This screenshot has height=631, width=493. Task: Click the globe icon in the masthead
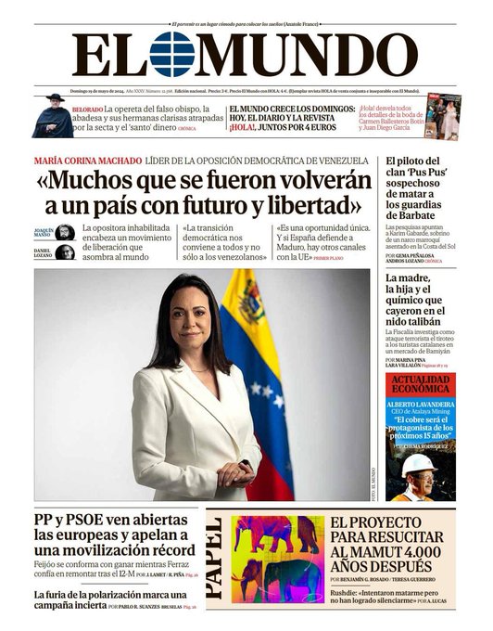[173, 55]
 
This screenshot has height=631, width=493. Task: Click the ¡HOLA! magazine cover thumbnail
[442, 116]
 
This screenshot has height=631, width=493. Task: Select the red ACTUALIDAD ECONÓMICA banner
[421, 385]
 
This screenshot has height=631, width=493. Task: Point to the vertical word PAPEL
[213, 557]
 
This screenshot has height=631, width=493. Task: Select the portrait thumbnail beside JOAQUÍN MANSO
[65, 233]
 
